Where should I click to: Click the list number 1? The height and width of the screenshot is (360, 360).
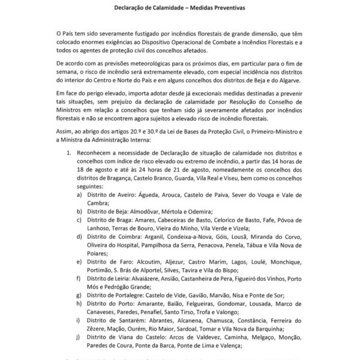click(68, 154)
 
